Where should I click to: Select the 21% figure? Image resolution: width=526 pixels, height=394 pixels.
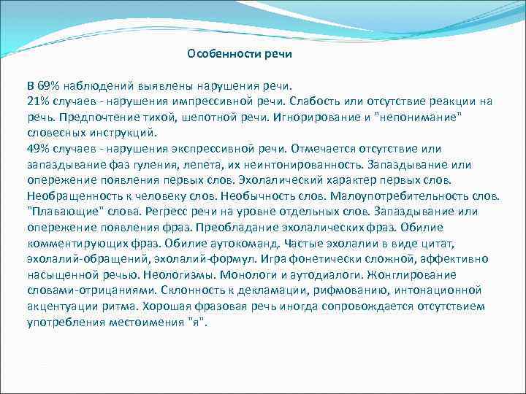click(x=39, y=101)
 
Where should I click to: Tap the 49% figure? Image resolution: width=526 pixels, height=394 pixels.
click(x=39, y=149)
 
